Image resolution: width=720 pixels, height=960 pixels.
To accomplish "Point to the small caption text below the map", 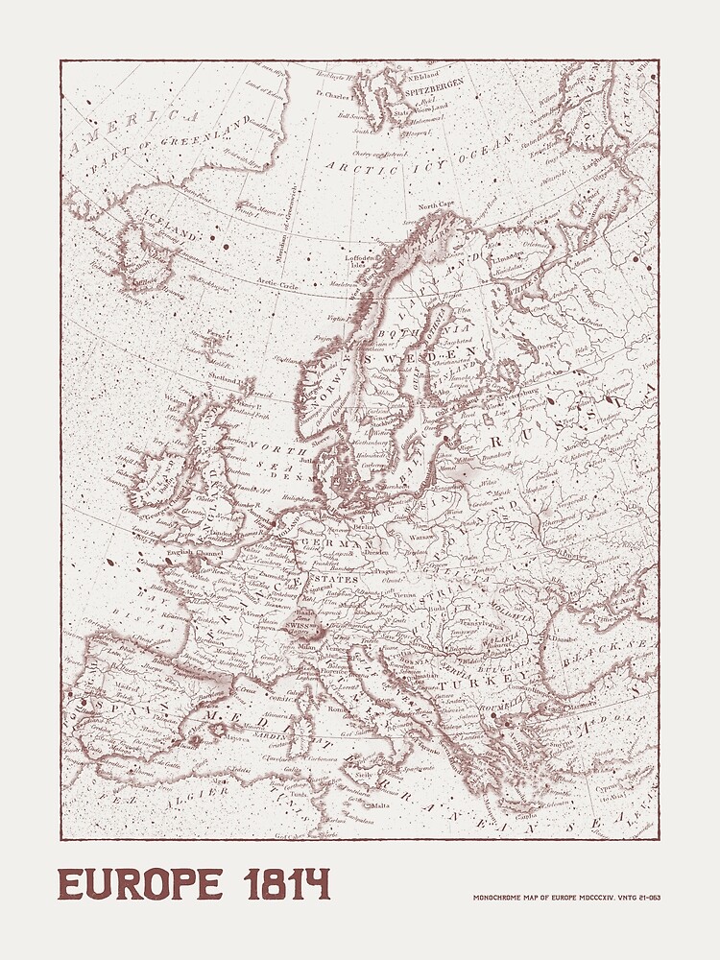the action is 566,898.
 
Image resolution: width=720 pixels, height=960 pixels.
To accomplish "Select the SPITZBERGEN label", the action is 433,84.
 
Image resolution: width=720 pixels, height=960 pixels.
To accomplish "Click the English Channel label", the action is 194,554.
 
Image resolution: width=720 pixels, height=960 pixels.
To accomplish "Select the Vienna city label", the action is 406,596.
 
